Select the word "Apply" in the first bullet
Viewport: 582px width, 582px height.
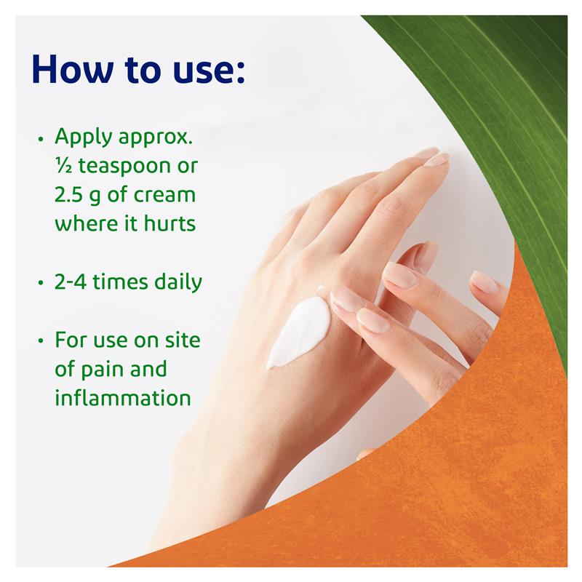coord(81,137)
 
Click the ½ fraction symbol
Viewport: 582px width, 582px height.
coord(62,167)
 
